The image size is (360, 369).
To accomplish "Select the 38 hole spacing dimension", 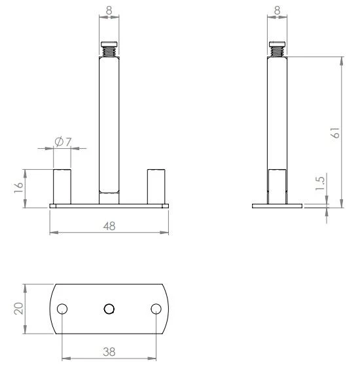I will [x=109, y=351].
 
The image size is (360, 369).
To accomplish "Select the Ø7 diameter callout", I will [x=63, y=142].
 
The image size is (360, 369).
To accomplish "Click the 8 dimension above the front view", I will [x=109, y=11].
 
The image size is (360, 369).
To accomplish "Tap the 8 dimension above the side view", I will [x=278, y=11].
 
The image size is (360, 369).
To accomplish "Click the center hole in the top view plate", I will [x=109, y=309].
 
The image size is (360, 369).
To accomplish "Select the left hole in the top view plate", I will [x=62, y=309].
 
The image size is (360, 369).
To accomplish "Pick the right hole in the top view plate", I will [x=156, y=309].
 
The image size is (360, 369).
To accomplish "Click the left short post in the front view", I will [x=62, y=187].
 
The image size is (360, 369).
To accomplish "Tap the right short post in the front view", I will [x=156, y=187].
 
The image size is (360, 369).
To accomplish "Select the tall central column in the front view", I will [x=109, y=125].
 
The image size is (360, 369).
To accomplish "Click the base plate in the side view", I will [x=278, y=206].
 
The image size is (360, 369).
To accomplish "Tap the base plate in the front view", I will [x=109, y=206].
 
